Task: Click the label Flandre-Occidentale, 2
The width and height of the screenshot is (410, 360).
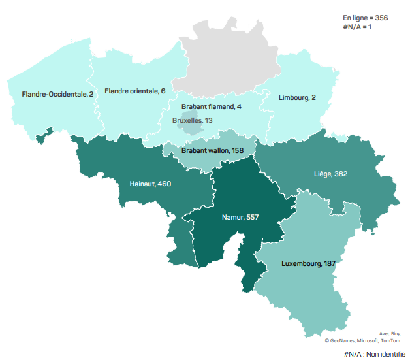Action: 57,94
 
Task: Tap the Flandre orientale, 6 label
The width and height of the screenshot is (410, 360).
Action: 134,91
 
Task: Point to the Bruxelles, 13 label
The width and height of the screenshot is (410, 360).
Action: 192,120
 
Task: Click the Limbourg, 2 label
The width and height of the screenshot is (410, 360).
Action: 297,97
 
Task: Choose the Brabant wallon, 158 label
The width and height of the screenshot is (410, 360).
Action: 212,150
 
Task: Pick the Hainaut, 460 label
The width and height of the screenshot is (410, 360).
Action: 150,184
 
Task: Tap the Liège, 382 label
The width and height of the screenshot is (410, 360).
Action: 330,174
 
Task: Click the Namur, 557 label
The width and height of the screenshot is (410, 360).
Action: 241,217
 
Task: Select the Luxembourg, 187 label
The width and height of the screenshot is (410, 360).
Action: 308,264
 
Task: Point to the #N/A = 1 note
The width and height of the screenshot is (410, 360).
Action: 357,26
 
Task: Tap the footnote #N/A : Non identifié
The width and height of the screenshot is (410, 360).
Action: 374,353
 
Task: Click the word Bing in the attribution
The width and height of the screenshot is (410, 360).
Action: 396,333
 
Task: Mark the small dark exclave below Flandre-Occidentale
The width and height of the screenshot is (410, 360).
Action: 44,137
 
